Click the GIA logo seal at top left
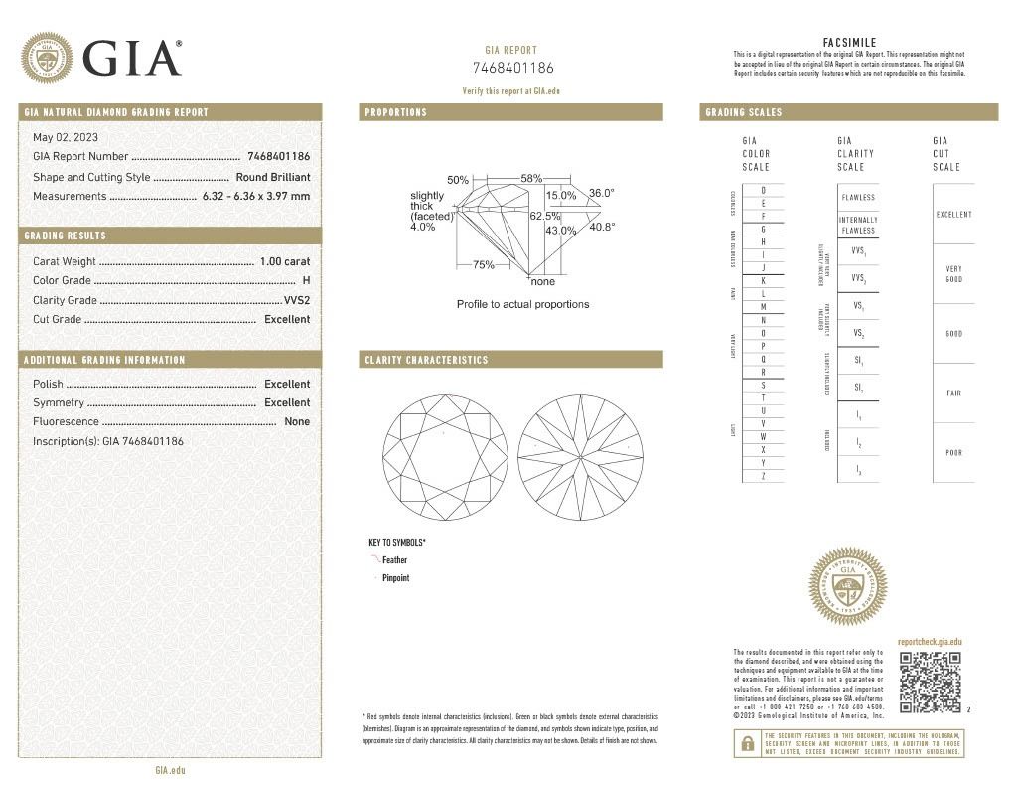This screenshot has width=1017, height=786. [x=47, y=58]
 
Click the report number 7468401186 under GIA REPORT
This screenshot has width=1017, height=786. [x=512, y=68]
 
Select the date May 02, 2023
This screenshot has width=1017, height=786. [x=66, y=137]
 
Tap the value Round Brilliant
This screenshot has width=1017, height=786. [x=272, y=177]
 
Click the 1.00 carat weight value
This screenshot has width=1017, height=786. [x=284, y=261]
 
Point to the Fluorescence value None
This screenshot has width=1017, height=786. [x=297, y=421]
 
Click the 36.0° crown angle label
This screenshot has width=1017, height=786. [x=602, y=193]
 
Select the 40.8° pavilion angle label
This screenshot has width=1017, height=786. [x=602, y=227]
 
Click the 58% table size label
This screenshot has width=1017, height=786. [x=531, y=178]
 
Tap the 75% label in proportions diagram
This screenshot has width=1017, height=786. [x=484, y=265]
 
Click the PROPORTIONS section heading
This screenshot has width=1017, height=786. [x=396, y=112]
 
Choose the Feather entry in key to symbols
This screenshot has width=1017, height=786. [x=394, y=560]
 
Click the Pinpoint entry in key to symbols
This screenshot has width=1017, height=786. [x=395, y=577]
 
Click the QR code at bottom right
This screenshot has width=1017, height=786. [x=930, y=683]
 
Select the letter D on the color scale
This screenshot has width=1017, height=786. [x=763, y=190]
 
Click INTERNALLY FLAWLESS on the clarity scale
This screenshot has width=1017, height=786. [x=857, y=225]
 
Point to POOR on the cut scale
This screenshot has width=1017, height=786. [x=953, y=453]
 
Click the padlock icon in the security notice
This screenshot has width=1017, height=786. [x=745, y=742]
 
